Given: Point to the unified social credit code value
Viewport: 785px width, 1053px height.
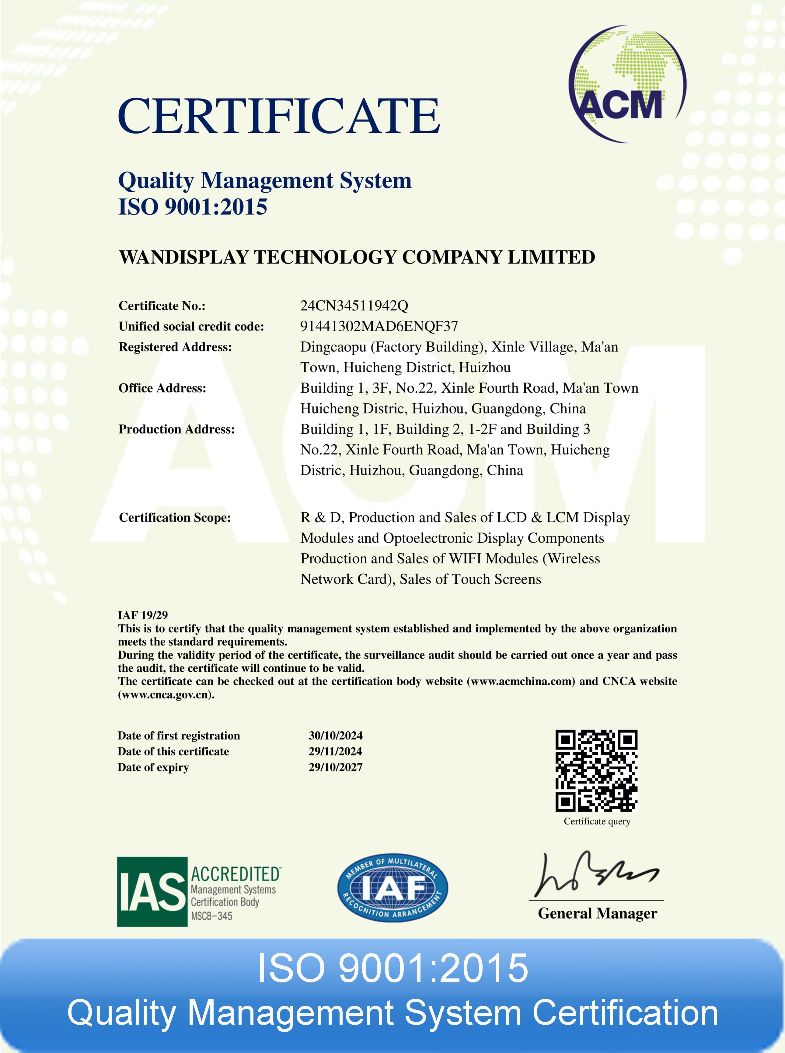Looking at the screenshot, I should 379,327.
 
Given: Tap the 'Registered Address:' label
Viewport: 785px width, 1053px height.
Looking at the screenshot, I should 175,347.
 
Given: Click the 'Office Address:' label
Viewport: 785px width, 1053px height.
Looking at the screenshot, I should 162,388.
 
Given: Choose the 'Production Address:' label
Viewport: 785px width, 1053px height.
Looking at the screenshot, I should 176,429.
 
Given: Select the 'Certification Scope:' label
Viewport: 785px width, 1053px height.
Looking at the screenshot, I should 174,517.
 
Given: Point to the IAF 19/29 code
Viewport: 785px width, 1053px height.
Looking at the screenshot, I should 143,615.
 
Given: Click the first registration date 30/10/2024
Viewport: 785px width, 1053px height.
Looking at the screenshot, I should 336,736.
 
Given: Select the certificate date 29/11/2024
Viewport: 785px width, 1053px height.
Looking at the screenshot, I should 336,751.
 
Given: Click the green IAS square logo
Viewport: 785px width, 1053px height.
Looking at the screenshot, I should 152,891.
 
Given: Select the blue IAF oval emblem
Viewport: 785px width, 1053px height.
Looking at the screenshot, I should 392,888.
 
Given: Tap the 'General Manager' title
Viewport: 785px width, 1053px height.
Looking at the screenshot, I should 597,913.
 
